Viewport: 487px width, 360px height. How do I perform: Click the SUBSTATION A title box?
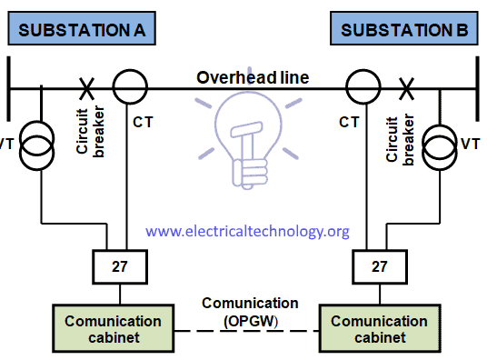(x=83, y=30)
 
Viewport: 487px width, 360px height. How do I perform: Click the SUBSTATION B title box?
(x=403, y=30)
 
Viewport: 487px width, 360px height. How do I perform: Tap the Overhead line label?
(x=253, y=77)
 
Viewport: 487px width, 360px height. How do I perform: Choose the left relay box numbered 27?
(x=120, y=268)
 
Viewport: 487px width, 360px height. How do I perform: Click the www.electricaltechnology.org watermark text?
(x=247, y=232)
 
